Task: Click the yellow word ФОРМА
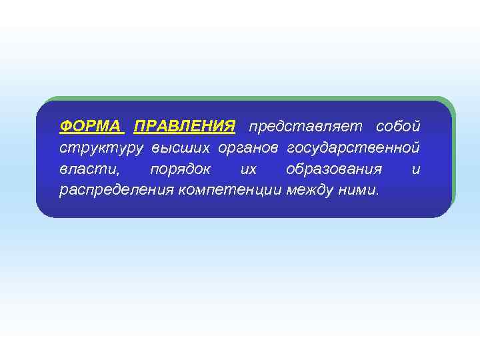(90, 126)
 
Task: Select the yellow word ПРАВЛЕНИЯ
(185, 126)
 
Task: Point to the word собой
(398, 126)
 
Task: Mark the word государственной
(354, 147)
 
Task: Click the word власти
(85, 169)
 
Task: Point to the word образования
(334, 169)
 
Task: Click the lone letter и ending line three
(416, 169)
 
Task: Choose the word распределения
(116, 190)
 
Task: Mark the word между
(311, 190)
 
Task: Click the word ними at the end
(357, 190)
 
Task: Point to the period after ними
(377, 195)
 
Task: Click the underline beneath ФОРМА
(90, 133)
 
